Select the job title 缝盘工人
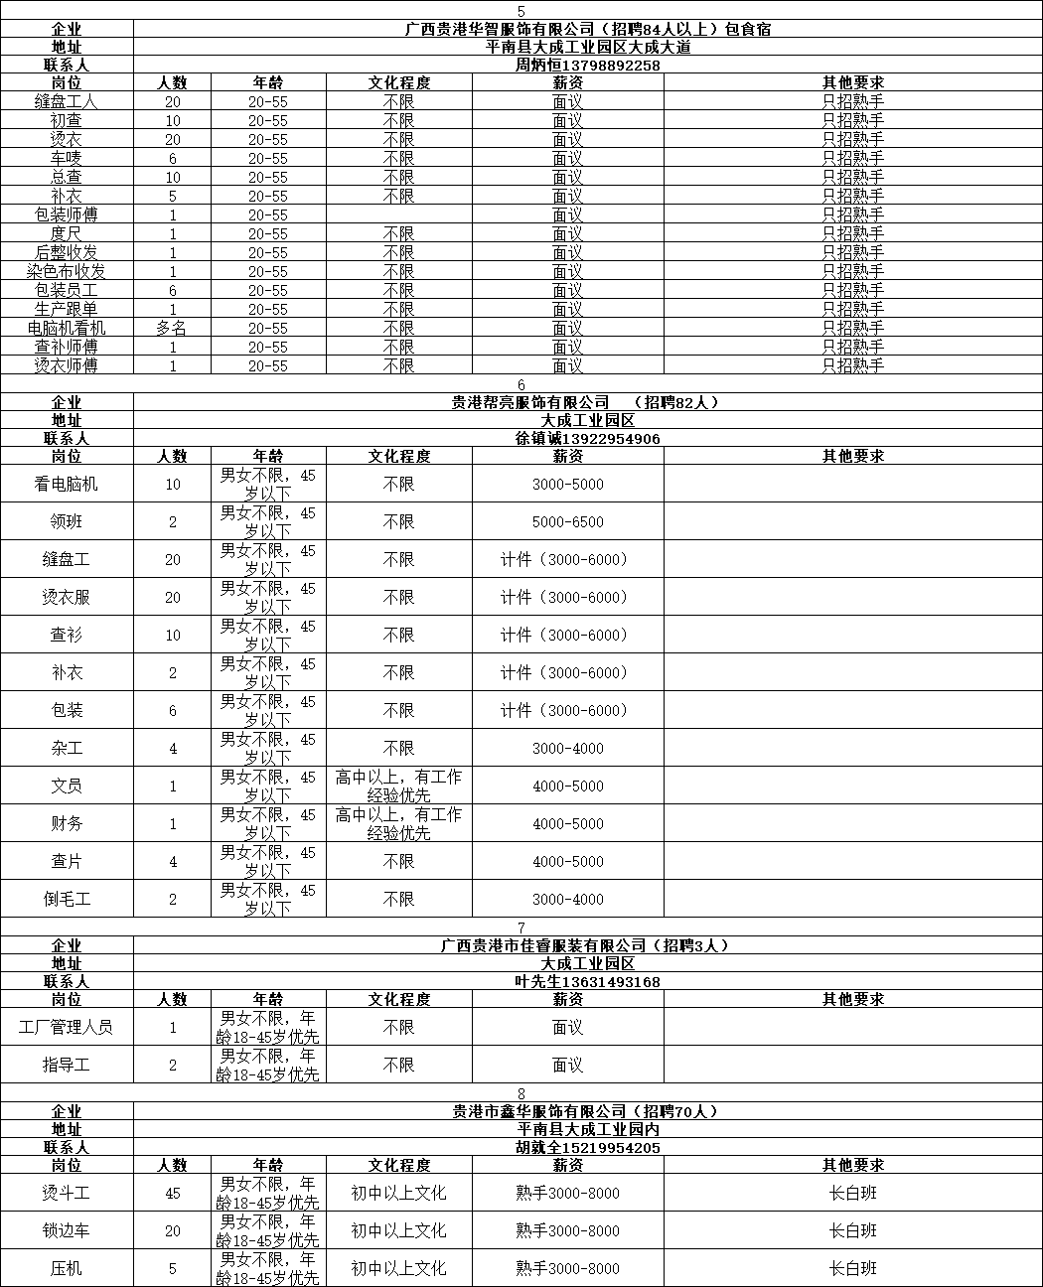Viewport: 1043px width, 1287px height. pyautogui.click(x=67, y=102)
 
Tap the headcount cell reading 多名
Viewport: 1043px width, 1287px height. pyautogui.click(x=172, y=329)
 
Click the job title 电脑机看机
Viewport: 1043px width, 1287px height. pyautogui.click(x=67, y=329)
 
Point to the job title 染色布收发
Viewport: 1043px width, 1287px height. pyautogui.click(x=67, y=272)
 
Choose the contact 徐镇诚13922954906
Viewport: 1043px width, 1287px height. pyautogui.click(x=588, y=439)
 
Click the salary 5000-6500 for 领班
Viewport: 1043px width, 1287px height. pyautogui.click(x=567, y=522)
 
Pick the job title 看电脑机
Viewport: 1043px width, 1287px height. pyautogui.click(x=67, y=485)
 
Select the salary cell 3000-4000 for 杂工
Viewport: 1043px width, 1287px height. pyautogui.click(x=567, y=749)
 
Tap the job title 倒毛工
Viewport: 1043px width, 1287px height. pyautogui.click(x=67, y=900)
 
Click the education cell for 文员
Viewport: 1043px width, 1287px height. pyautogui.click(x=398, y=786)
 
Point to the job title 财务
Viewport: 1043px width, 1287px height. pyautogui.click(x=67, y=824)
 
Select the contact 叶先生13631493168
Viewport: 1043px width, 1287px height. pyautogui.click(x=588, y=982)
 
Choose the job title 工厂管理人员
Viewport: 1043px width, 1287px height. pyautogui.click(x=67, y=1028)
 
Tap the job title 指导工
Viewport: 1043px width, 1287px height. pyautogui.click(x=67, y=1066)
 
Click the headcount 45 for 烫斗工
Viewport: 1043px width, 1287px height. pyautogui.click(x=172, y=1194)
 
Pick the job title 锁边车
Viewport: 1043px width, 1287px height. pyautogui.click(x=67, y=1231)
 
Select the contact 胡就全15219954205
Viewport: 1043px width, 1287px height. pyautogui.click(x=588, y=1148)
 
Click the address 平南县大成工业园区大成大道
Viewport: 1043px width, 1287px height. pyautogui.click(x=588, y=48)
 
